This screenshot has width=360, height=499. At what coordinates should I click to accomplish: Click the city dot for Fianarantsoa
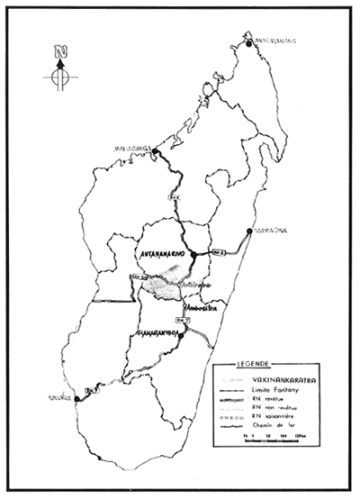coord(181,335)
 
